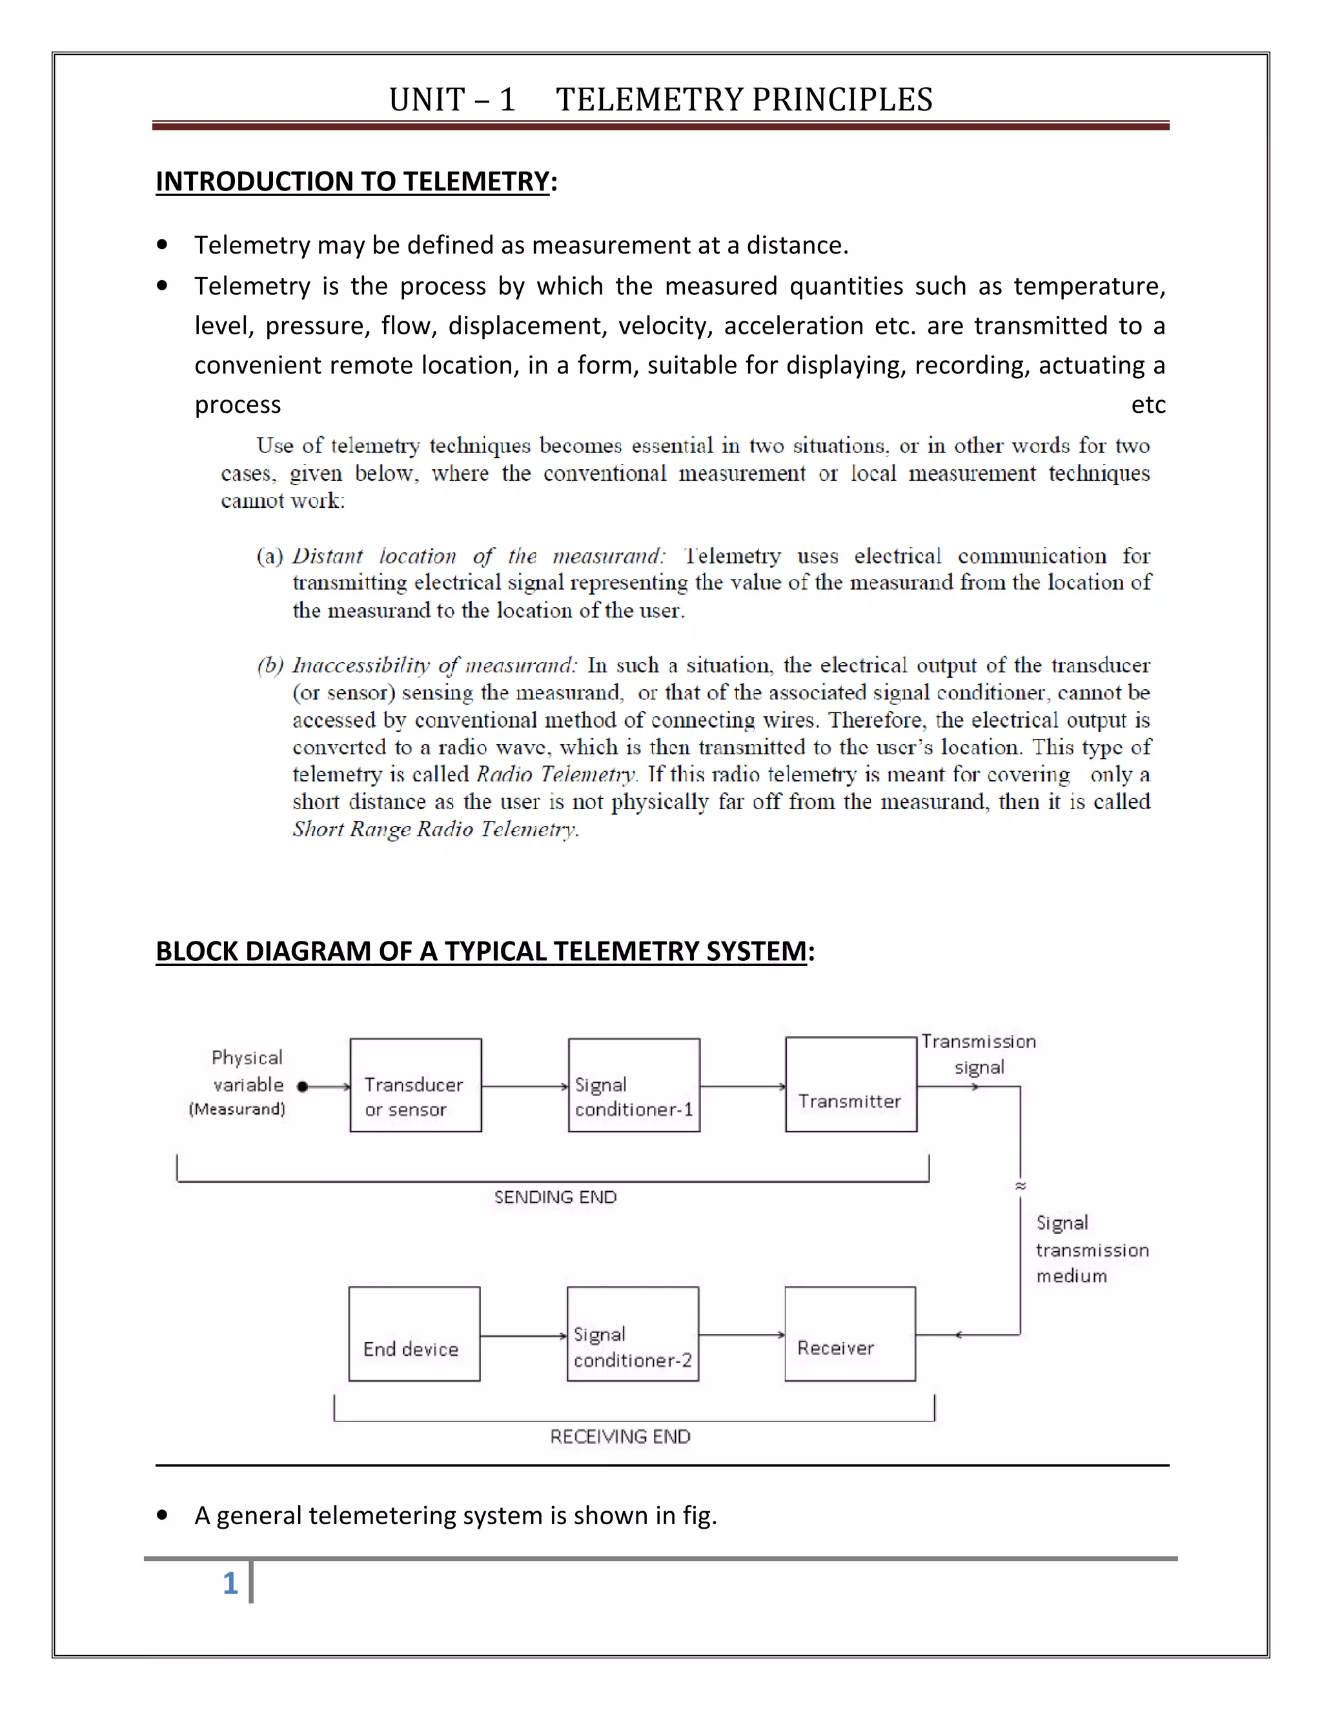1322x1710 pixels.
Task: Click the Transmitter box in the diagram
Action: coord(851,1085)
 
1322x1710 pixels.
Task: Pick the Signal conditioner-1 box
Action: coord(634,1085)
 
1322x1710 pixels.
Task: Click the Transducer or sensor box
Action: coord(415,1085)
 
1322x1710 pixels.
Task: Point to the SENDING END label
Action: coord(555,1197)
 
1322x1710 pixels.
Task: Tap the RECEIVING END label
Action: coord(620,1437)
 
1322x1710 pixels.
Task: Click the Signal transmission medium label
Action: coord(1091,1250)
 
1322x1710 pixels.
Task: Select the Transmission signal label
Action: coord(978,1054)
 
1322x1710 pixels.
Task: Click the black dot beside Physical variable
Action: coord(302,1087)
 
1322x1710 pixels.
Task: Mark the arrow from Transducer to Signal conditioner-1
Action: coord(525,1087)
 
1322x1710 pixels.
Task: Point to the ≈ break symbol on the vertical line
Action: coord(1021,1186)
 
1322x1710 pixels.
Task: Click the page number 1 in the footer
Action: coord(230,1583)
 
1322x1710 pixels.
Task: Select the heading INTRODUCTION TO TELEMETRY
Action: coord(352,182)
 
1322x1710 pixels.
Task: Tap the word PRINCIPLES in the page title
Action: coord(842,100)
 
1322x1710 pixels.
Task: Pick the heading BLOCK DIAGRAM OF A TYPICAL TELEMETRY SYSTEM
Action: coord(481,951)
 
